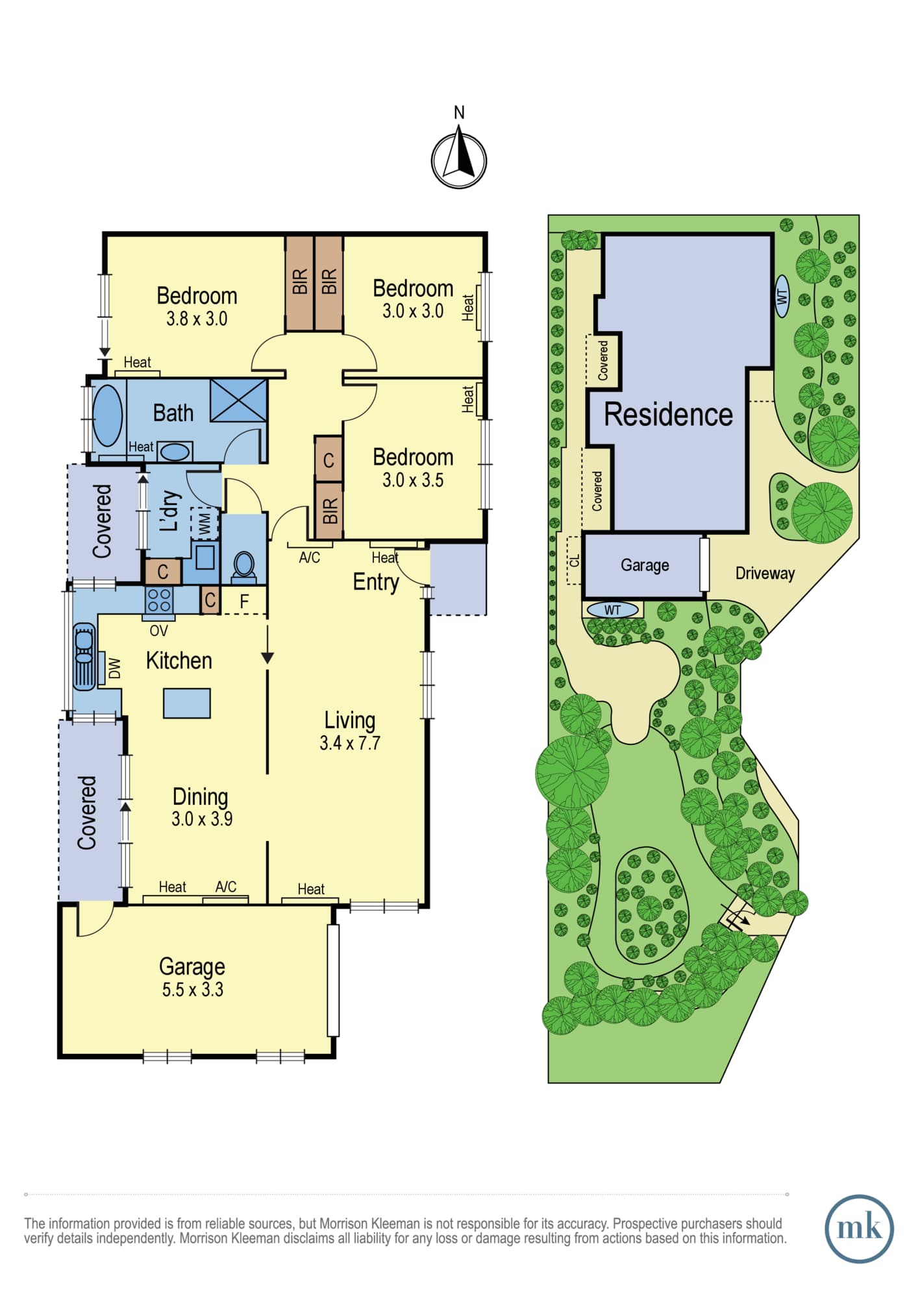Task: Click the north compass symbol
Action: pos(459,160)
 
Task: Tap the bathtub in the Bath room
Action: pos(108,416)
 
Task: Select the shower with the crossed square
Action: pos(238,401)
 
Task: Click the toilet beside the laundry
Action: pos(244,565)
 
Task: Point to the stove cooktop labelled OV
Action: pos(159,600)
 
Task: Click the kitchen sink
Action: pos(84,656)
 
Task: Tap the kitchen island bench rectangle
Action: pos(187,703)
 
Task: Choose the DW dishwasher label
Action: pos(114,668)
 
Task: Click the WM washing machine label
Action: pos(205,523)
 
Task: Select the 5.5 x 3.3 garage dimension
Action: pos(193,990)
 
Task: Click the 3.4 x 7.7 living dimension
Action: pos(350,743)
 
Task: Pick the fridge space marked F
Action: pos(244,602)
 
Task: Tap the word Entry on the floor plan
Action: pos(376,582)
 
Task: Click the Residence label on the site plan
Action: pos(668,415)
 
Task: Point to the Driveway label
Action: pos(765,574)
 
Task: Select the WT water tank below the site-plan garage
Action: pos(612,610)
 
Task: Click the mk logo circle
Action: pos(859,1229)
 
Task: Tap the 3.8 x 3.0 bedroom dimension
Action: pos(197,319)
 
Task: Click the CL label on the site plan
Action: pos(574,560)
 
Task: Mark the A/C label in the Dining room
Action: pos(226,887)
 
